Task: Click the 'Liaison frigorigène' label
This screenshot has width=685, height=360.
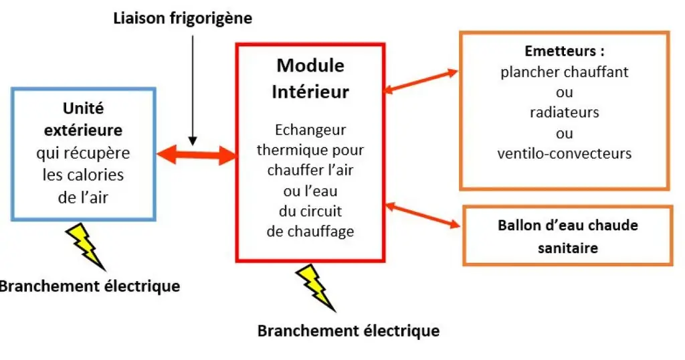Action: (x=183, y=18)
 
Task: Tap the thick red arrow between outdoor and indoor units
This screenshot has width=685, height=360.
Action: (x=196, y=155)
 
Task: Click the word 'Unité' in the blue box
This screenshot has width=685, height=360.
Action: (x=83, y=108)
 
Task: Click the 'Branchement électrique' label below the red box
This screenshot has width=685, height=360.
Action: (x=349, y=331)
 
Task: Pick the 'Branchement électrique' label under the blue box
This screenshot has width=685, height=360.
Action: (x=90, y=286)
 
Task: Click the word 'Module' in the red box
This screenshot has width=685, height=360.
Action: (x=310, y=66)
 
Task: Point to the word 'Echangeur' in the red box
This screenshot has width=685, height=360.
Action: (x=310, y=130)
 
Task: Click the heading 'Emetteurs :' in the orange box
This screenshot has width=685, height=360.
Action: (x=565, y=51)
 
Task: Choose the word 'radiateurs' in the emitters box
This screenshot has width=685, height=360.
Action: (x=565, y=112)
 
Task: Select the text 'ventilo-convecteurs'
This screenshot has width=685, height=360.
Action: (x=565, y=153)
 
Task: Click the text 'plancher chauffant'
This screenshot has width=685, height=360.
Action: (x=565, y=72)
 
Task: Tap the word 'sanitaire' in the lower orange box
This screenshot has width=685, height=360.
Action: (x=568, y=248)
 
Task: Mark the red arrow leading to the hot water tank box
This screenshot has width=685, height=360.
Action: (x=424, y=216)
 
